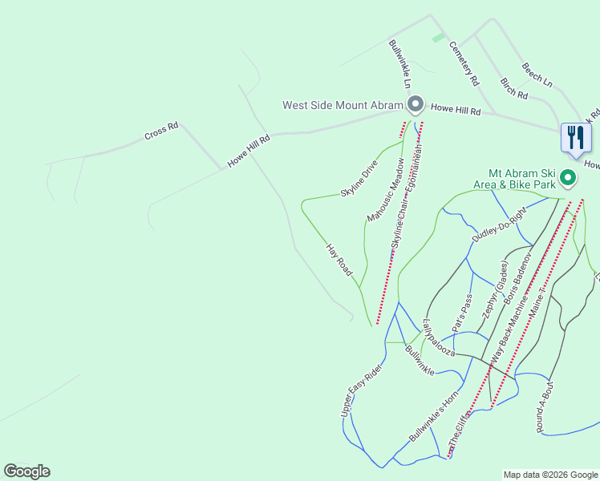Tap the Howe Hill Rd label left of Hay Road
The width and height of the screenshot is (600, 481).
tap(249, 150)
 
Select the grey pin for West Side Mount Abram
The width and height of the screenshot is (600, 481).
tap(415, 105)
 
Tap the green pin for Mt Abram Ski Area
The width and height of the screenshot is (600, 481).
tap(568, 177)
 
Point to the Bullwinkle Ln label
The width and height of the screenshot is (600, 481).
tap(400, 64)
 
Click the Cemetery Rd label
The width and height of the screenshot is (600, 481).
tap(464, 64)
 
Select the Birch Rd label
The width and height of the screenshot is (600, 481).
tap(514, 89)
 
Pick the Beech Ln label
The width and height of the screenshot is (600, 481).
tap(537, 75)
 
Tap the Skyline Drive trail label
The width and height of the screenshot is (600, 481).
tap(359, 180)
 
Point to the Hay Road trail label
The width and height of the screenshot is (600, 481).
tap(339, 261)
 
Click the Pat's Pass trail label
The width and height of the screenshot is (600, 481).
tap(463, 313)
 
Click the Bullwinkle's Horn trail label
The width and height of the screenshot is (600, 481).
tap(433, 417)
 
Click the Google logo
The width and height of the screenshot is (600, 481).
tap(26, 471)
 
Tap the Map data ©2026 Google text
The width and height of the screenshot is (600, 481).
tap(549, 475)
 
